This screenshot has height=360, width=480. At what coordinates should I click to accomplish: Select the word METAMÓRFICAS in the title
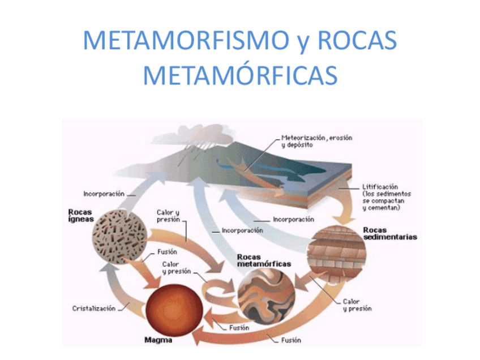(240, 75)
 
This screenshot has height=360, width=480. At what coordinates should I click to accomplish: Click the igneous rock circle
(121, 237)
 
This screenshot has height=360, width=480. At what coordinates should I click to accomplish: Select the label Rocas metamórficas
(264, 260)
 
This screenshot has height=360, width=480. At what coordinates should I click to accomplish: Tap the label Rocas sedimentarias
(389, 233)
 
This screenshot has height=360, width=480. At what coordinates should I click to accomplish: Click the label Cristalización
(94, 308)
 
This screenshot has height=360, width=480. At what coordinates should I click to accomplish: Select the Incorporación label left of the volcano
(104, 194)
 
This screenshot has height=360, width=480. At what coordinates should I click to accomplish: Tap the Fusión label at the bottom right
(292, 340)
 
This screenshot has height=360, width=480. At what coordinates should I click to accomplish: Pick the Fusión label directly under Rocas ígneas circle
(168, 251)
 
